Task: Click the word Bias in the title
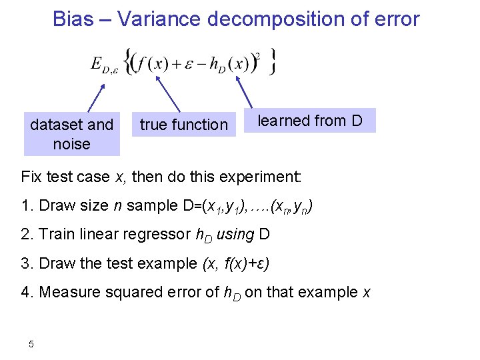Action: click(x=73, y=19)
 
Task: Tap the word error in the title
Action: click(x=395, y=19)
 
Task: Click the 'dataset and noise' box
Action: click(x=71, y=133)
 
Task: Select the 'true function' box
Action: click(x=184, y=124)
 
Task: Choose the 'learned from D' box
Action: click(x=310, y=121)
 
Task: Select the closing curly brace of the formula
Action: click(x=271, y=61)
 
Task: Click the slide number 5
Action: click(x=31, y=344)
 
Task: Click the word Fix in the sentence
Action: click(x=32, y=177)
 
